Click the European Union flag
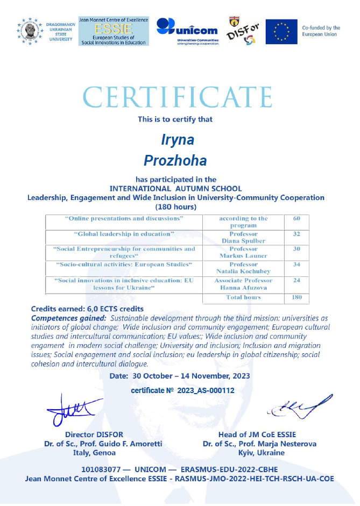click(281, 31)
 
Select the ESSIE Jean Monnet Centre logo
click(114, 31)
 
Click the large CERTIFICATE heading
click(178, 97)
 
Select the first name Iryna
click(178, 139)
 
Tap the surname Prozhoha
click(175, 160)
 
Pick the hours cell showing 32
click(297, 234)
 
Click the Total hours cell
click(243, 297)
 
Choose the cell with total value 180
click(297, 297)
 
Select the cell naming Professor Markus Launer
click(243, 252)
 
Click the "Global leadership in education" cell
click(124, 234)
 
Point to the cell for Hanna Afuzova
click(243, 284)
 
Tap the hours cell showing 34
click(297, 265)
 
